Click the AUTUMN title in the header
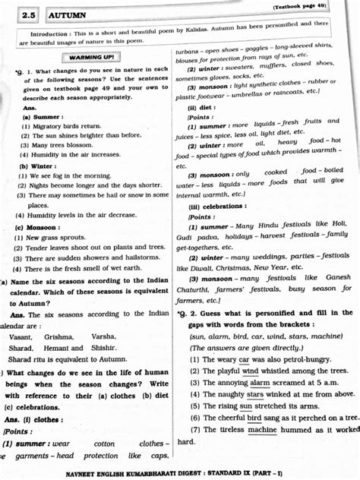(67, 14)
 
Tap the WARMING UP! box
(91, 57)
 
